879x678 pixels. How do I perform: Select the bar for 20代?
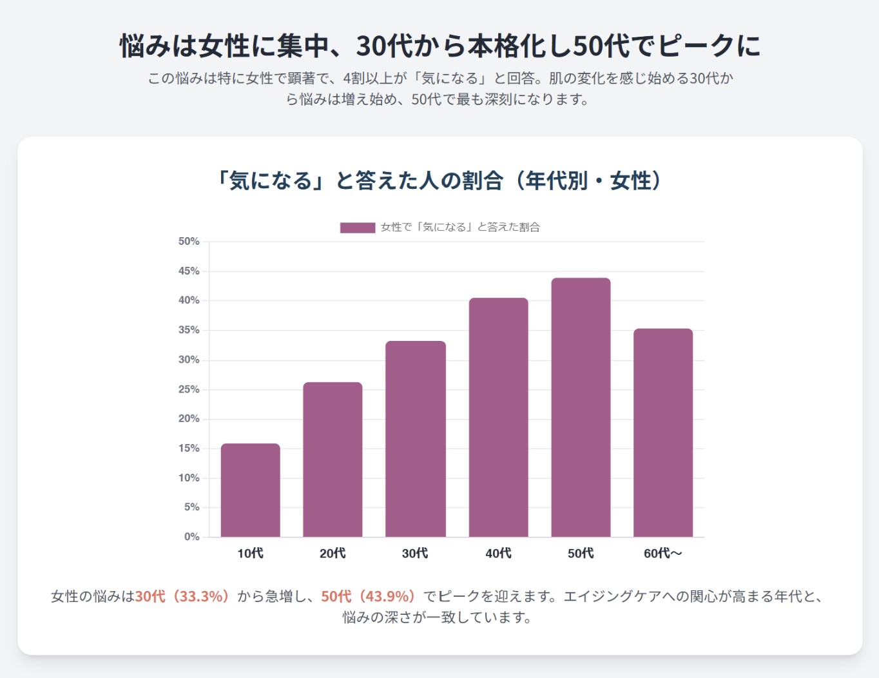pyautogui.click(x=333, y=460)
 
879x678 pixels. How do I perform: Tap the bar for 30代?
pyautogui.click(x=415, y=439)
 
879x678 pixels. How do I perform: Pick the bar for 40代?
pyautogui.click(x=498, y=417)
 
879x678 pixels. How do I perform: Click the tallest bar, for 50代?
pyautogui.click(x=581, y=407)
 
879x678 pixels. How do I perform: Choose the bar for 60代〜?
pyautogui.click(x=662, y=432)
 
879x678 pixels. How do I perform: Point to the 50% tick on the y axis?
pyautogui.click(x=189, y=242)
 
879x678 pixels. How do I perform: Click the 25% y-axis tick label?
pyautogui.click(x=189, y=389)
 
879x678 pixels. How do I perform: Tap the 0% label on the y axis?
pyautogui.click(x=192, y=537)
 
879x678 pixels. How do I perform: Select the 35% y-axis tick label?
pyautogui.click(x=189, y=330)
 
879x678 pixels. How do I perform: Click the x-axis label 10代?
pyautogui.click(x=250, y=554)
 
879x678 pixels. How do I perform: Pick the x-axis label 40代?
pyautogui.click(x=498, y=554)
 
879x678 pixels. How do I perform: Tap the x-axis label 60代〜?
pyautogui.click(x=662, y=554)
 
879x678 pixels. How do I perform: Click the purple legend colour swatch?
pyautogui.click(x=357, y=228)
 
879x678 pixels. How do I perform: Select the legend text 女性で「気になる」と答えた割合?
pyautogui.click(x=460, y=228)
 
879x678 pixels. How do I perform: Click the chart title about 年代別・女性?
pyautogui.click(x=439, y=181)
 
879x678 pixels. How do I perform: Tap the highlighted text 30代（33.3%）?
pyautogui.click(x=182, y=596)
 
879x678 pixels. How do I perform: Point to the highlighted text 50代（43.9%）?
pyautogui.click(x=369, y=596)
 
